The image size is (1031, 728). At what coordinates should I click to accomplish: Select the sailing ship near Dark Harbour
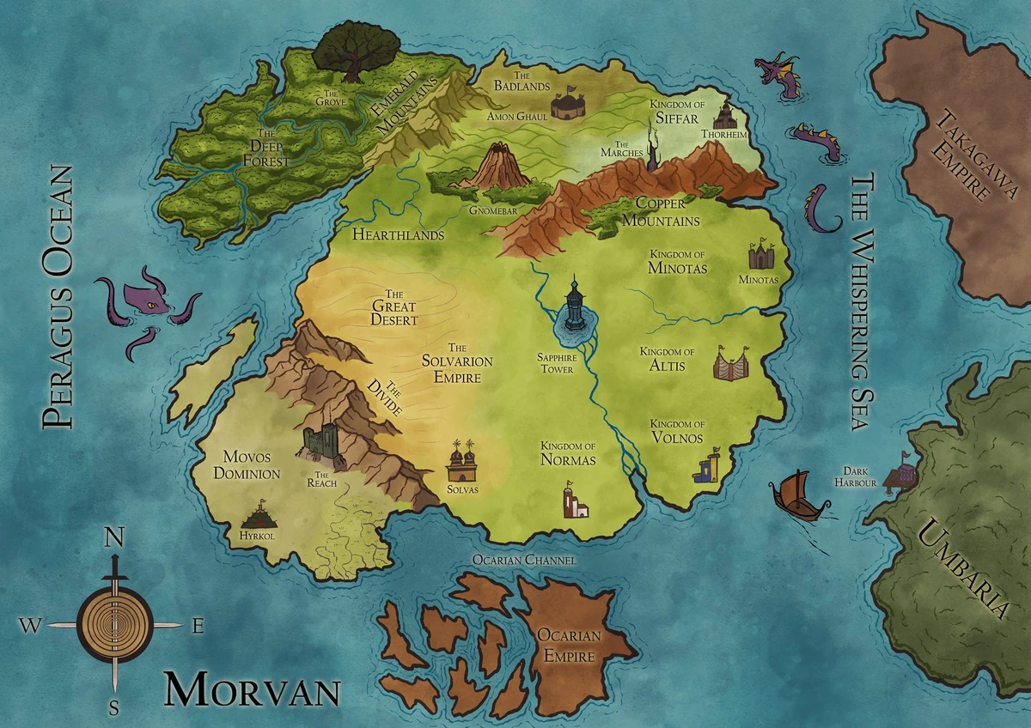click(792, 496)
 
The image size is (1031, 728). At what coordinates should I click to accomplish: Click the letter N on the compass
click(113, 538)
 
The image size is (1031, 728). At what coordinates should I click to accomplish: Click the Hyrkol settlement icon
click(259, 517)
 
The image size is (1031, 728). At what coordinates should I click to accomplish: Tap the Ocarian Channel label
click(524, 560)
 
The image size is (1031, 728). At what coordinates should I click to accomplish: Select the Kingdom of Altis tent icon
click(731, 364)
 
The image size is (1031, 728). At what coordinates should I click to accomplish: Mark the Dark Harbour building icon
click(901, 471)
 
